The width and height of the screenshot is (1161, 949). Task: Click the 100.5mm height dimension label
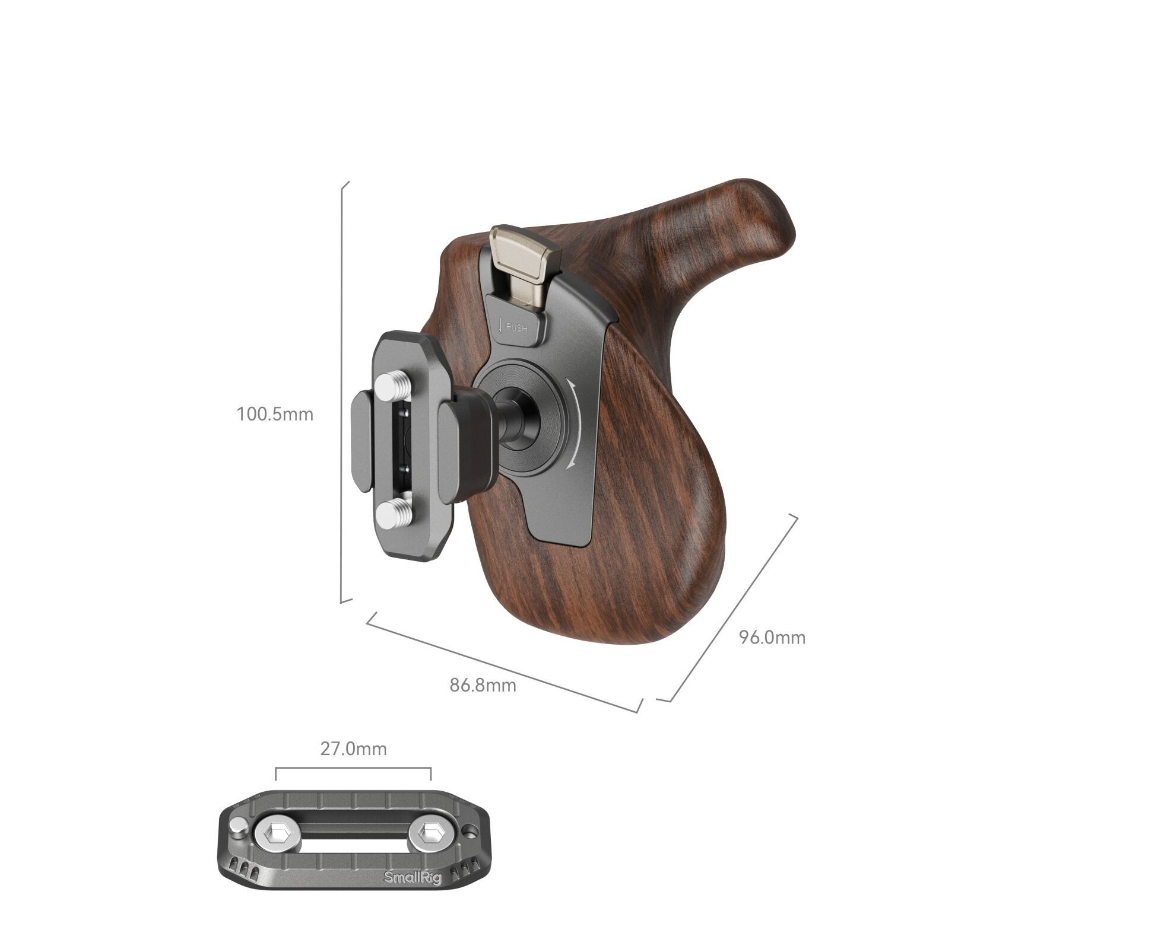click(275, 414)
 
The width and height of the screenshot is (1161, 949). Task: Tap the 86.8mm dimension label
click(483, 686)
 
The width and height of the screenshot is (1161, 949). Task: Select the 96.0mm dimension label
click(772, 638)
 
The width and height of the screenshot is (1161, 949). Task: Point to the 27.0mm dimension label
click(353, 749)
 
